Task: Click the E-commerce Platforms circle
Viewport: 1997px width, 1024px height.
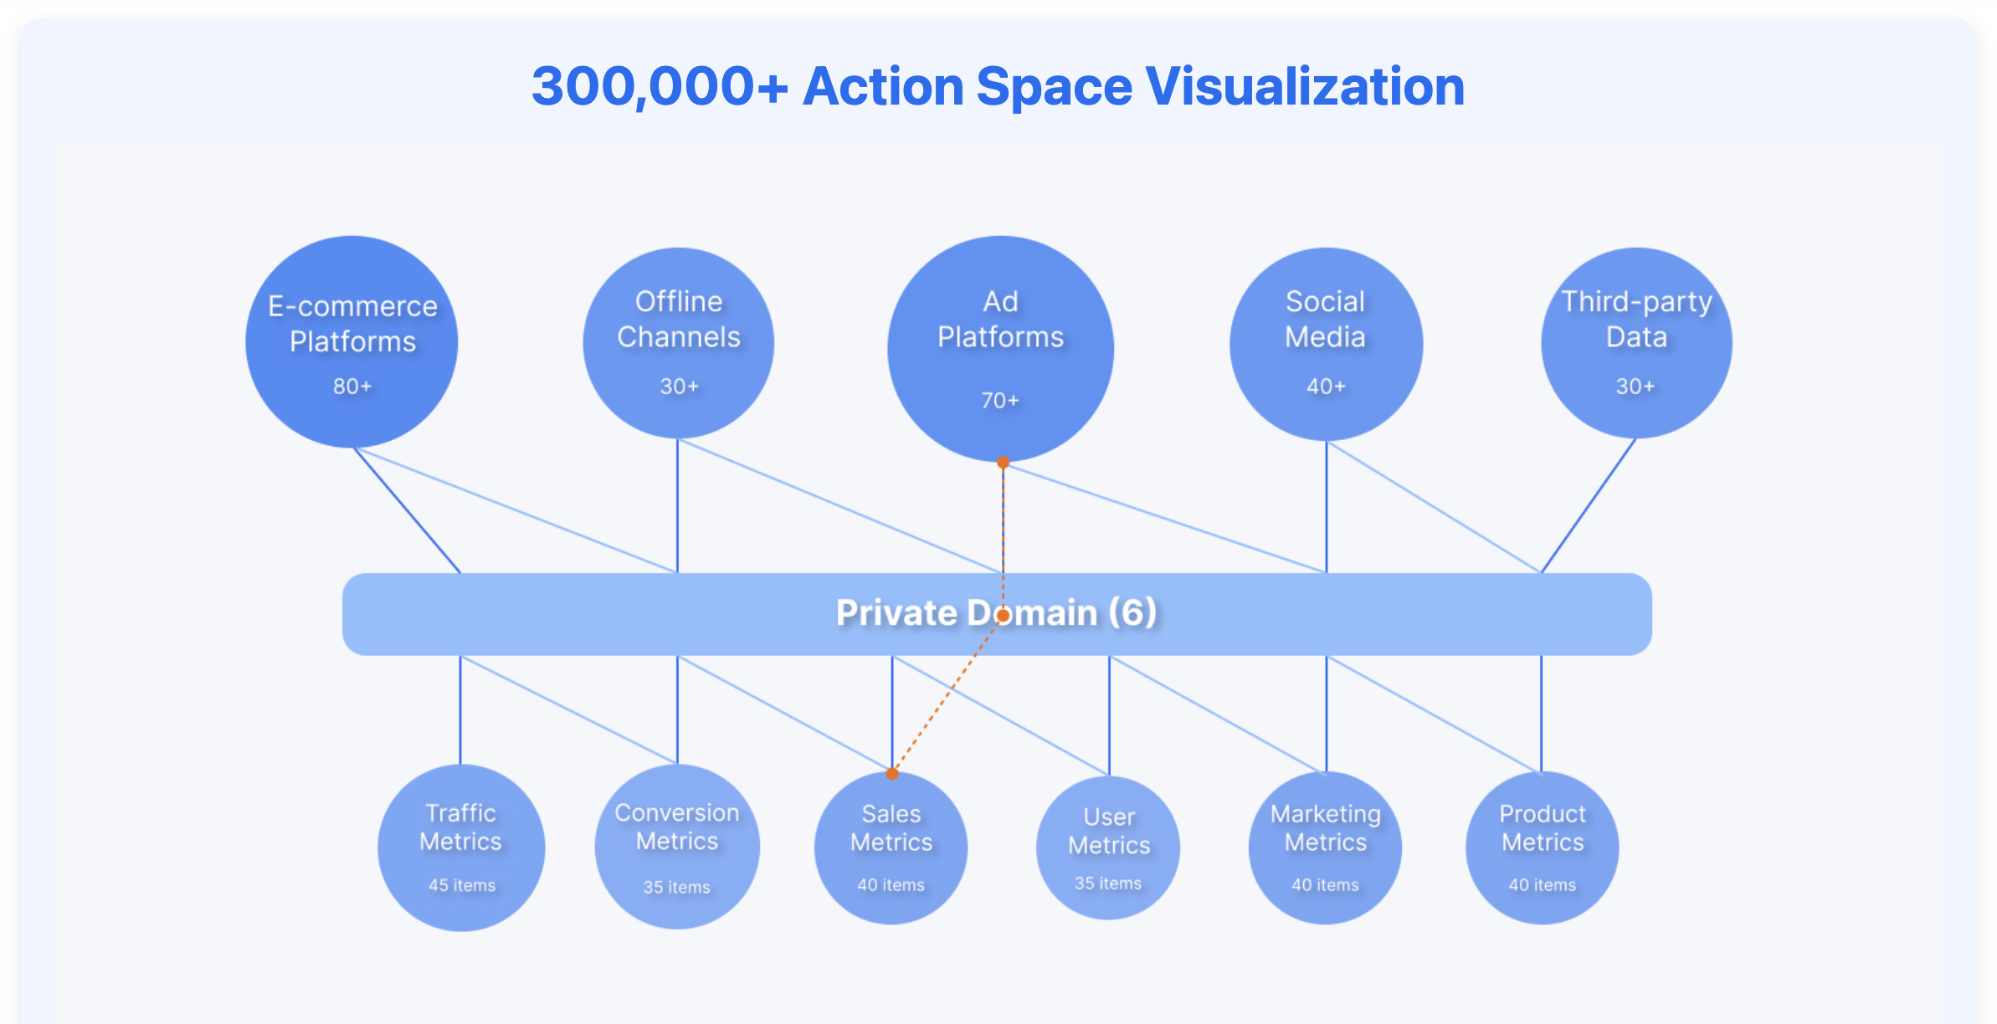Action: click(x=352, y=341)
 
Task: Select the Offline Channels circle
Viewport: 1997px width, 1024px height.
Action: click(x=678, y=343)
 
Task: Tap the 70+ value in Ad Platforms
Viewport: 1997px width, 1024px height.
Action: click(x=1000, y=401)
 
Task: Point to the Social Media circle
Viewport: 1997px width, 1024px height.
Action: click(x=1326, y=344)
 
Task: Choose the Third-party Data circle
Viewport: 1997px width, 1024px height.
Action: click(x=1636, y=343)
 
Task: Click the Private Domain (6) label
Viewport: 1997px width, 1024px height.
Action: click(x=996, y=612)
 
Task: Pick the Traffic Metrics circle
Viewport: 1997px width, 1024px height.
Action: click(x=461, y=847)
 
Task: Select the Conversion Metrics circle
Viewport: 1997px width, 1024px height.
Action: click(x=677, y=847)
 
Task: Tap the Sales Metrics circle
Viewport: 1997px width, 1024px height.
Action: click(x=891, y=847)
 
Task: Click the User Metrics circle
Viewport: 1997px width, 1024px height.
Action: click(x=1108, y=847)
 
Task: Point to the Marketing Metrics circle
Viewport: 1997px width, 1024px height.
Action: click(x=1325, y=847)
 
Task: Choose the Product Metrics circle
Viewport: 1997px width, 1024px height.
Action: click(x=1542, y=847)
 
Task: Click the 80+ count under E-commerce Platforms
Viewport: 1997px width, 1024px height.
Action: click(x=352, y=387)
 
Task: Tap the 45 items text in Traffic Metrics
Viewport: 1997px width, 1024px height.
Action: click(x=462, y=885)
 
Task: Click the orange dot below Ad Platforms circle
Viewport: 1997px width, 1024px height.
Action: click(x=1003, y=462)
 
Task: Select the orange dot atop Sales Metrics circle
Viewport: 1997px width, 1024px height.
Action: click(x=892, y=773)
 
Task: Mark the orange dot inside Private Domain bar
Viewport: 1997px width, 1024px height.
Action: click(x=1002, y=615)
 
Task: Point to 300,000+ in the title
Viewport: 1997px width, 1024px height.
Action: click(x=660, y=87)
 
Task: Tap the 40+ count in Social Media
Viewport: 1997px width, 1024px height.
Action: click(x=1327, y=387)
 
